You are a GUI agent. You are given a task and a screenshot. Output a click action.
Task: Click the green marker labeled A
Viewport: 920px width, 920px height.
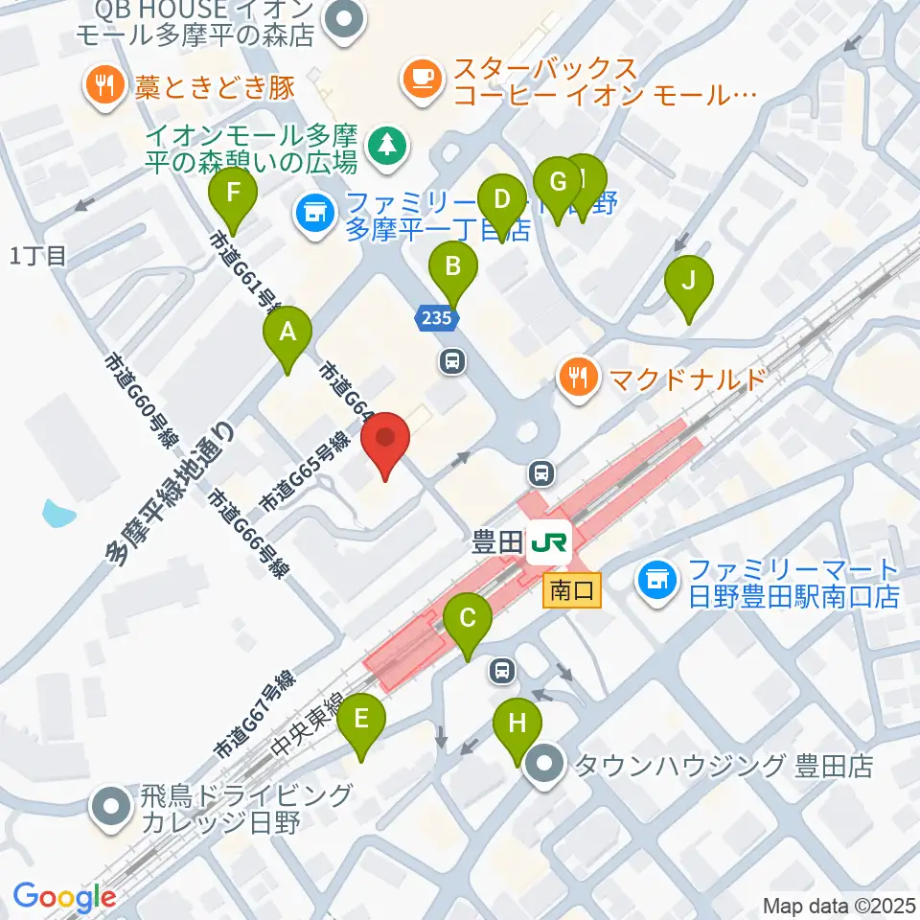pos(287,333)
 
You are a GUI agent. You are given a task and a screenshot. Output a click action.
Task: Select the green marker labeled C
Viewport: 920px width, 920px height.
pos(468,620)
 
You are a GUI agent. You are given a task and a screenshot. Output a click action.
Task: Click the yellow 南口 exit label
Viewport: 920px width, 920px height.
pos(572,591)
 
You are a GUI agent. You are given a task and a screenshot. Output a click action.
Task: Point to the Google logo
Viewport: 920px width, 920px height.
pos(64,897)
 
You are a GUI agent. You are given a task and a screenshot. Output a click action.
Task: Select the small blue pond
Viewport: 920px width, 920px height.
pos(58,514)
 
